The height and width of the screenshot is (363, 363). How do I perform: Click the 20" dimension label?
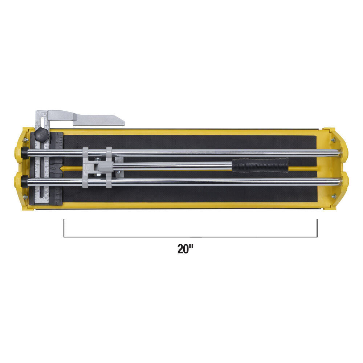click(x=185, y=249)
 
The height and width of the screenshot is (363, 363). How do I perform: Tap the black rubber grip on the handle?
click(x=260, y=165)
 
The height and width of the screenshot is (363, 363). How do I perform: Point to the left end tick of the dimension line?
click(x=64, y=228)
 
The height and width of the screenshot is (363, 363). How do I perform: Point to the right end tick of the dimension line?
click(x=317, y=228)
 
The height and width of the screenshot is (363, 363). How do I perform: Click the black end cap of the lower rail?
click(x=24, y=180)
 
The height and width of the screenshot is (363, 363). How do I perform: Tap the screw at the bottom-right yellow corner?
click(x=334, y=196)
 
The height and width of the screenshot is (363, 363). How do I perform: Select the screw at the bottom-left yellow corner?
click(x=25, y=197)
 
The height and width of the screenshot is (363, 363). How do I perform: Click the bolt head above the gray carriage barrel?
click(x=98, y=158)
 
